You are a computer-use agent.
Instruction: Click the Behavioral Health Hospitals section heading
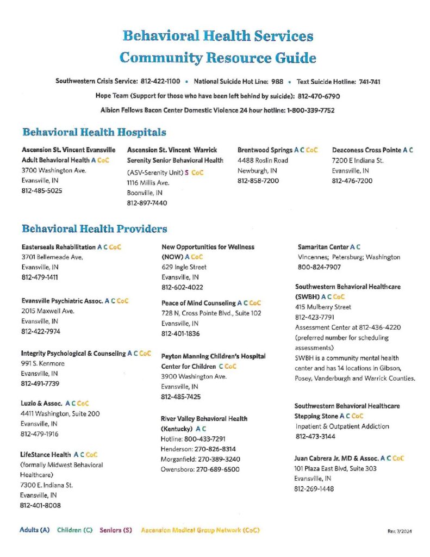tap(94, 132)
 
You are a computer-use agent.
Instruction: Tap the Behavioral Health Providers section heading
tap(94, 229)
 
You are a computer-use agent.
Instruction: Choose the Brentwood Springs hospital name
tap(265, 150)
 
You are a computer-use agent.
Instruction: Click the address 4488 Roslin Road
tap(263, 160)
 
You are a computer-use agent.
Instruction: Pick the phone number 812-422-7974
tap(40, 331)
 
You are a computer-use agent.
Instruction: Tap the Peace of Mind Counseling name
tap(198, 303)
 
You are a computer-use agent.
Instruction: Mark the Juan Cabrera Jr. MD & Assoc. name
tap(336, 459)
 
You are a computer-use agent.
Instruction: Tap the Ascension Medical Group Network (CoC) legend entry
tap(200, 530)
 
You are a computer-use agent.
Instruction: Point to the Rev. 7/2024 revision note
tap(400, 530)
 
